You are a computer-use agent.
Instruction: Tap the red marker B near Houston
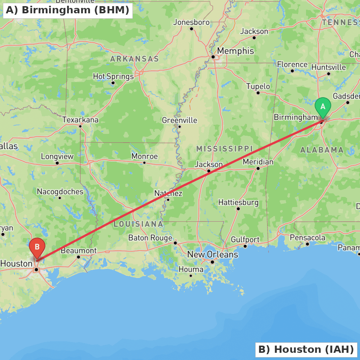(x=37, y=247)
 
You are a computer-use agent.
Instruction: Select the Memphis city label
(x=235, y=51)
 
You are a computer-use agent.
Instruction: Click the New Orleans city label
(x=212, y=255)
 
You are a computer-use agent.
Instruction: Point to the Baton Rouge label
(x=150, y=238)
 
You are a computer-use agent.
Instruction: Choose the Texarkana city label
(x=80, y=120)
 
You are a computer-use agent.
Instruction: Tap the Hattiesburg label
(x=238, y=202)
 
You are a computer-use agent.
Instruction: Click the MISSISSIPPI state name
(x=224, y=149)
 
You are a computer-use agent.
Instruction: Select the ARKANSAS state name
(x=134, y=59)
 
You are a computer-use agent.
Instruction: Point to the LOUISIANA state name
(x=138, y=224)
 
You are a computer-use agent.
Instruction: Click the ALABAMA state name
(x=322, y=150)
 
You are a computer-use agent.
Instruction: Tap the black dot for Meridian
(x=258, y=168)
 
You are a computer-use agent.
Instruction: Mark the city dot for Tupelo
(x=258, y=93)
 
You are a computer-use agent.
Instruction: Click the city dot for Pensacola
(x=307, y=244)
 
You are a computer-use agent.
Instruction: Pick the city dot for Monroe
(x=144, y=163)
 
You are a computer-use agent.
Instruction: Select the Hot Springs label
(x=113, y=76)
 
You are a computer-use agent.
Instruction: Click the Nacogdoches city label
(x=60, y=192)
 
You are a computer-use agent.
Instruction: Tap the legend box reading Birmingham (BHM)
(x=68, y=10)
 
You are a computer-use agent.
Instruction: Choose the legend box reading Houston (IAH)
(x=306, y=350)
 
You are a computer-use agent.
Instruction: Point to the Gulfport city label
(x=245, y=239)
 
